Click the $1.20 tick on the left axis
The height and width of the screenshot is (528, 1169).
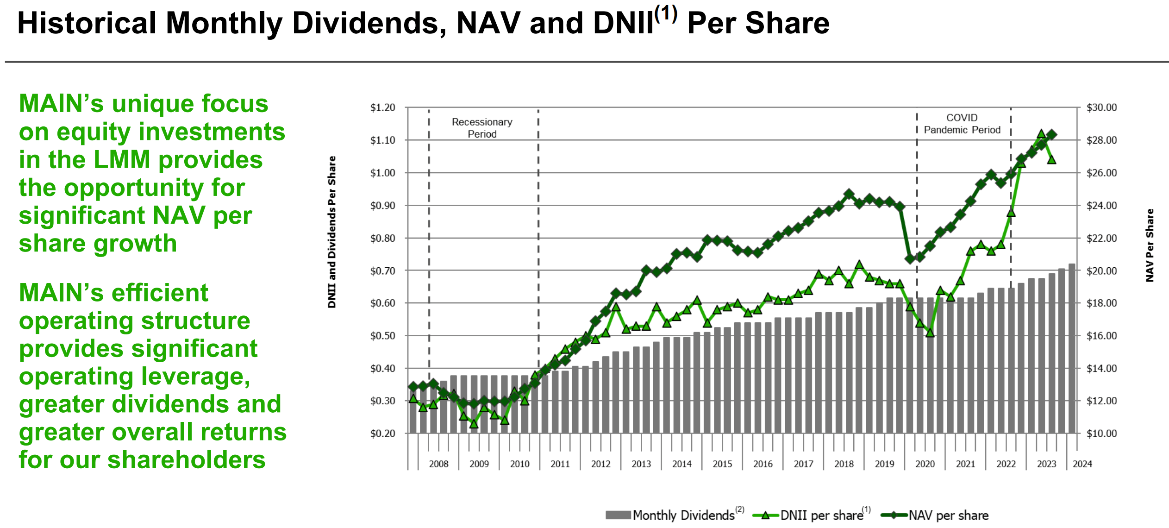(x=382, y=107)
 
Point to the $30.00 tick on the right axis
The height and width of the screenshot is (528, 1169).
(x=1101, y=107)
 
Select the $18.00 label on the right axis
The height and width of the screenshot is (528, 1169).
(x=1101, y=303)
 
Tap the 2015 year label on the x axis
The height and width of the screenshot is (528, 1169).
(x=722, y=464)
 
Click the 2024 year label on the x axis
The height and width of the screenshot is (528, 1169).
(x=1082, y=464)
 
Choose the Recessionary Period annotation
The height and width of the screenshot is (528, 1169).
(x=482, y=128)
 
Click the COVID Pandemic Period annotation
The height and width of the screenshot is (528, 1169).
(x=962, y=124)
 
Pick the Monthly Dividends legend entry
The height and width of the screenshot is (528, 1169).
(x=674, y=515)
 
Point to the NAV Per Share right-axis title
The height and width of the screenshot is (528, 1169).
(x=1150, y=245)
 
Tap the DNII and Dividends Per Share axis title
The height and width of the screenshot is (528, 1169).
(x=331, y=232)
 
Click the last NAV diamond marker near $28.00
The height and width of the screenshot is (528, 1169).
(x=1051, y=135)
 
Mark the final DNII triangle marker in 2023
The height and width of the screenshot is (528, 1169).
(x=1051, y=160)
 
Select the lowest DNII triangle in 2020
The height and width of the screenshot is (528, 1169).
(x=930, y=333)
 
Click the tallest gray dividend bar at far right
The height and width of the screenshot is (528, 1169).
(x=1072, y=347)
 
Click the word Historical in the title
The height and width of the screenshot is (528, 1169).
(x=87, y=23)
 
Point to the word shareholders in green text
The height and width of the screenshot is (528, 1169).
(x=186, y=460)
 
